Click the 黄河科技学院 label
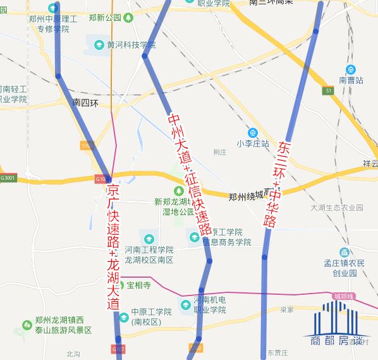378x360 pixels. pyautogui.click(x=131, y=45)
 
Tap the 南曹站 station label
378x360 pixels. pyautogui.click(x=351, y=80)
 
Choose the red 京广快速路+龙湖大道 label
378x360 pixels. pyautogui.click(x=114, y=247)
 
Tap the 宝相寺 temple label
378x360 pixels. pyautogui.click(x=138, y=285)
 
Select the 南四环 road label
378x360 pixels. pyautogui.click(x=85, y=102)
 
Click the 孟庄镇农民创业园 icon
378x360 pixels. pyautogui.click(x=344, y=252)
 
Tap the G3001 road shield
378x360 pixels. pyautogui.click(x=8, y=178)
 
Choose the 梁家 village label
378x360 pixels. pyautogui.click(x=286, y=309)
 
